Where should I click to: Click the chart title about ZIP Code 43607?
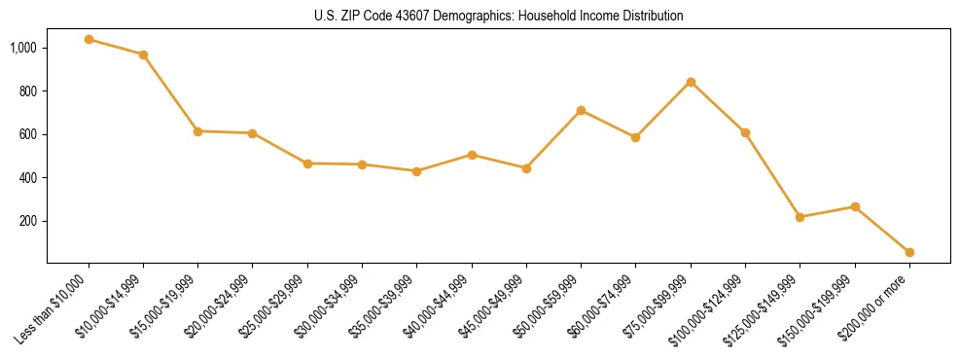point(499,17)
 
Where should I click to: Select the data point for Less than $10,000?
point(89,40)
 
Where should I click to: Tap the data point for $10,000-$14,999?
point(143,54)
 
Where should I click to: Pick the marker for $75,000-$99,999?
point(691,82)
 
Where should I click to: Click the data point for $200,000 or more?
point(909,252)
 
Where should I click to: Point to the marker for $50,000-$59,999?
point(581,110)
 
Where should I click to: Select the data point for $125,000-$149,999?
point(800,217)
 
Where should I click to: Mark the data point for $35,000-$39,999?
point(416,171)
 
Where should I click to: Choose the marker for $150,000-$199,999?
point(855,206)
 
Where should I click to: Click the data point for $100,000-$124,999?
point(745,132)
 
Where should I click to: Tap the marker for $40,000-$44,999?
point(472,155)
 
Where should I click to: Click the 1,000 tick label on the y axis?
point(23,48)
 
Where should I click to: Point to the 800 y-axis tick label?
point(28,90)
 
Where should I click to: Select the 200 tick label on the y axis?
point(28,221)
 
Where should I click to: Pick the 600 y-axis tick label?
point(28,134)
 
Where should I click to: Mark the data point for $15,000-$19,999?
point(197,130)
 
